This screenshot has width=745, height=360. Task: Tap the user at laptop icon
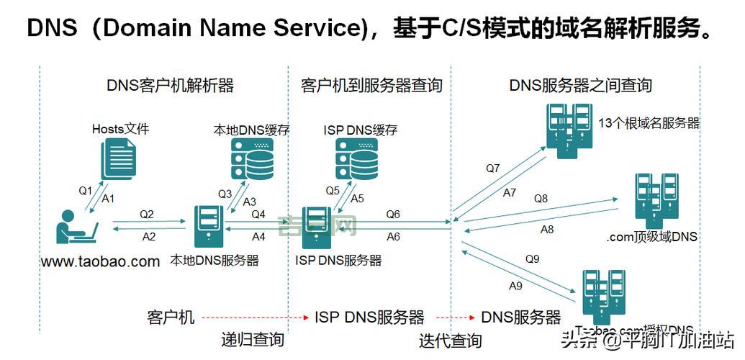pyautogui.click(x=78, y=229)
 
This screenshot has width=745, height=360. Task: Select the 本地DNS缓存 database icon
pyautogui.click(x=251, y=159)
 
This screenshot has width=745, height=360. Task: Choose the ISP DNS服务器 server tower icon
pyautogui.click(x=316, y=227)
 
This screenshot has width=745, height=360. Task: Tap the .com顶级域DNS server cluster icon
pyautogui.click(x=656, y=197)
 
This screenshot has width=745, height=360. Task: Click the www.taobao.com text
pyautogui.click(x=101, y=261)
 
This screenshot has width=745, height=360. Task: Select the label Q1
pyautogui.click(x=86, y=191)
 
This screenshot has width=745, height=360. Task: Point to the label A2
pyautogui.click(x=149, y=236)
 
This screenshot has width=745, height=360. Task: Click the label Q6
pyautogui.click(x=393, y=215)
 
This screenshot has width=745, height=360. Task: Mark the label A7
pyautogui.click(x=510, y=193)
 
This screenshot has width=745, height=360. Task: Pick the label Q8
pyautogui.click(x=541, y=198)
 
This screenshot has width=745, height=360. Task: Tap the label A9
pyautogui.click(x=515, y=286)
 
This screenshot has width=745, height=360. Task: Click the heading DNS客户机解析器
pyautogui.click(x=170, y=86)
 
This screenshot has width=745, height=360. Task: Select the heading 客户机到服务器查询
pyautogui.click(x=371, y=86)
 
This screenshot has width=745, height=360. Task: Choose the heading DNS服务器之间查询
pyautogui.click(x=580, y=86)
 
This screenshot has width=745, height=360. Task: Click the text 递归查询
pyautogui.click(x=252, y=340)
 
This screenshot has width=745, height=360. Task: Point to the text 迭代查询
pyautogui.click(x=451, y=340)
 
